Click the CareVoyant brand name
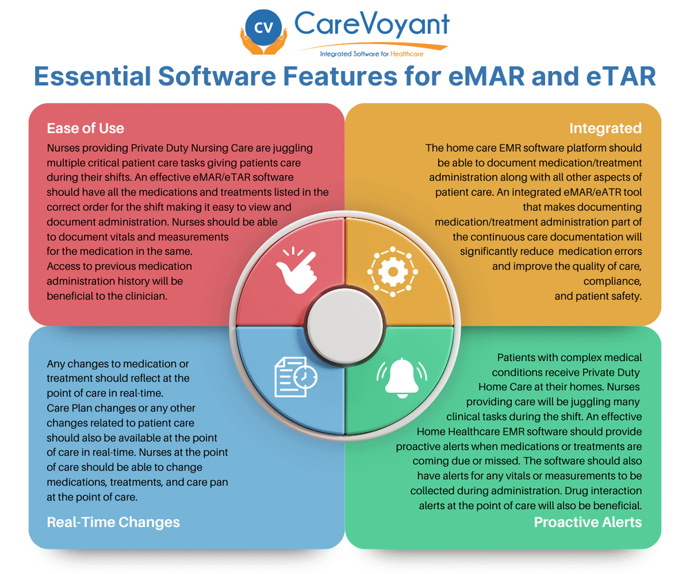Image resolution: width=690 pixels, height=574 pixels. pos(371,25)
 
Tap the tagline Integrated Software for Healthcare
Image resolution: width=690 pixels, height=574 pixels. pos(371,54)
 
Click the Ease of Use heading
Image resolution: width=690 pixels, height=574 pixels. pos(86,128)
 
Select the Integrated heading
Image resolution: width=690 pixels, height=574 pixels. pos(605,128)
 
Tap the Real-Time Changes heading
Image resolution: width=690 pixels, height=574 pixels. pos(113,522)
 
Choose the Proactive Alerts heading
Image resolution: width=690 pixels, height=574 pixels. pos(588,522)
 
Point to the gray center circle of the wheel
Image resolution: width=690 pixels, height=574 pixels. pos(344,324)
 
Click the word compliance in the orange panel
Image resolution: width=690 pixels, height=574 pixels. pos(612,282)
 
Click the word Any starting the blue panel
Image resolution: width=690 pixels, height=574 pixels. pos(57,363)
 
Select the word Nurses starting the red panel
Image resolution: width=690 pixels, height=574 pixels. pos(66,148)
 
